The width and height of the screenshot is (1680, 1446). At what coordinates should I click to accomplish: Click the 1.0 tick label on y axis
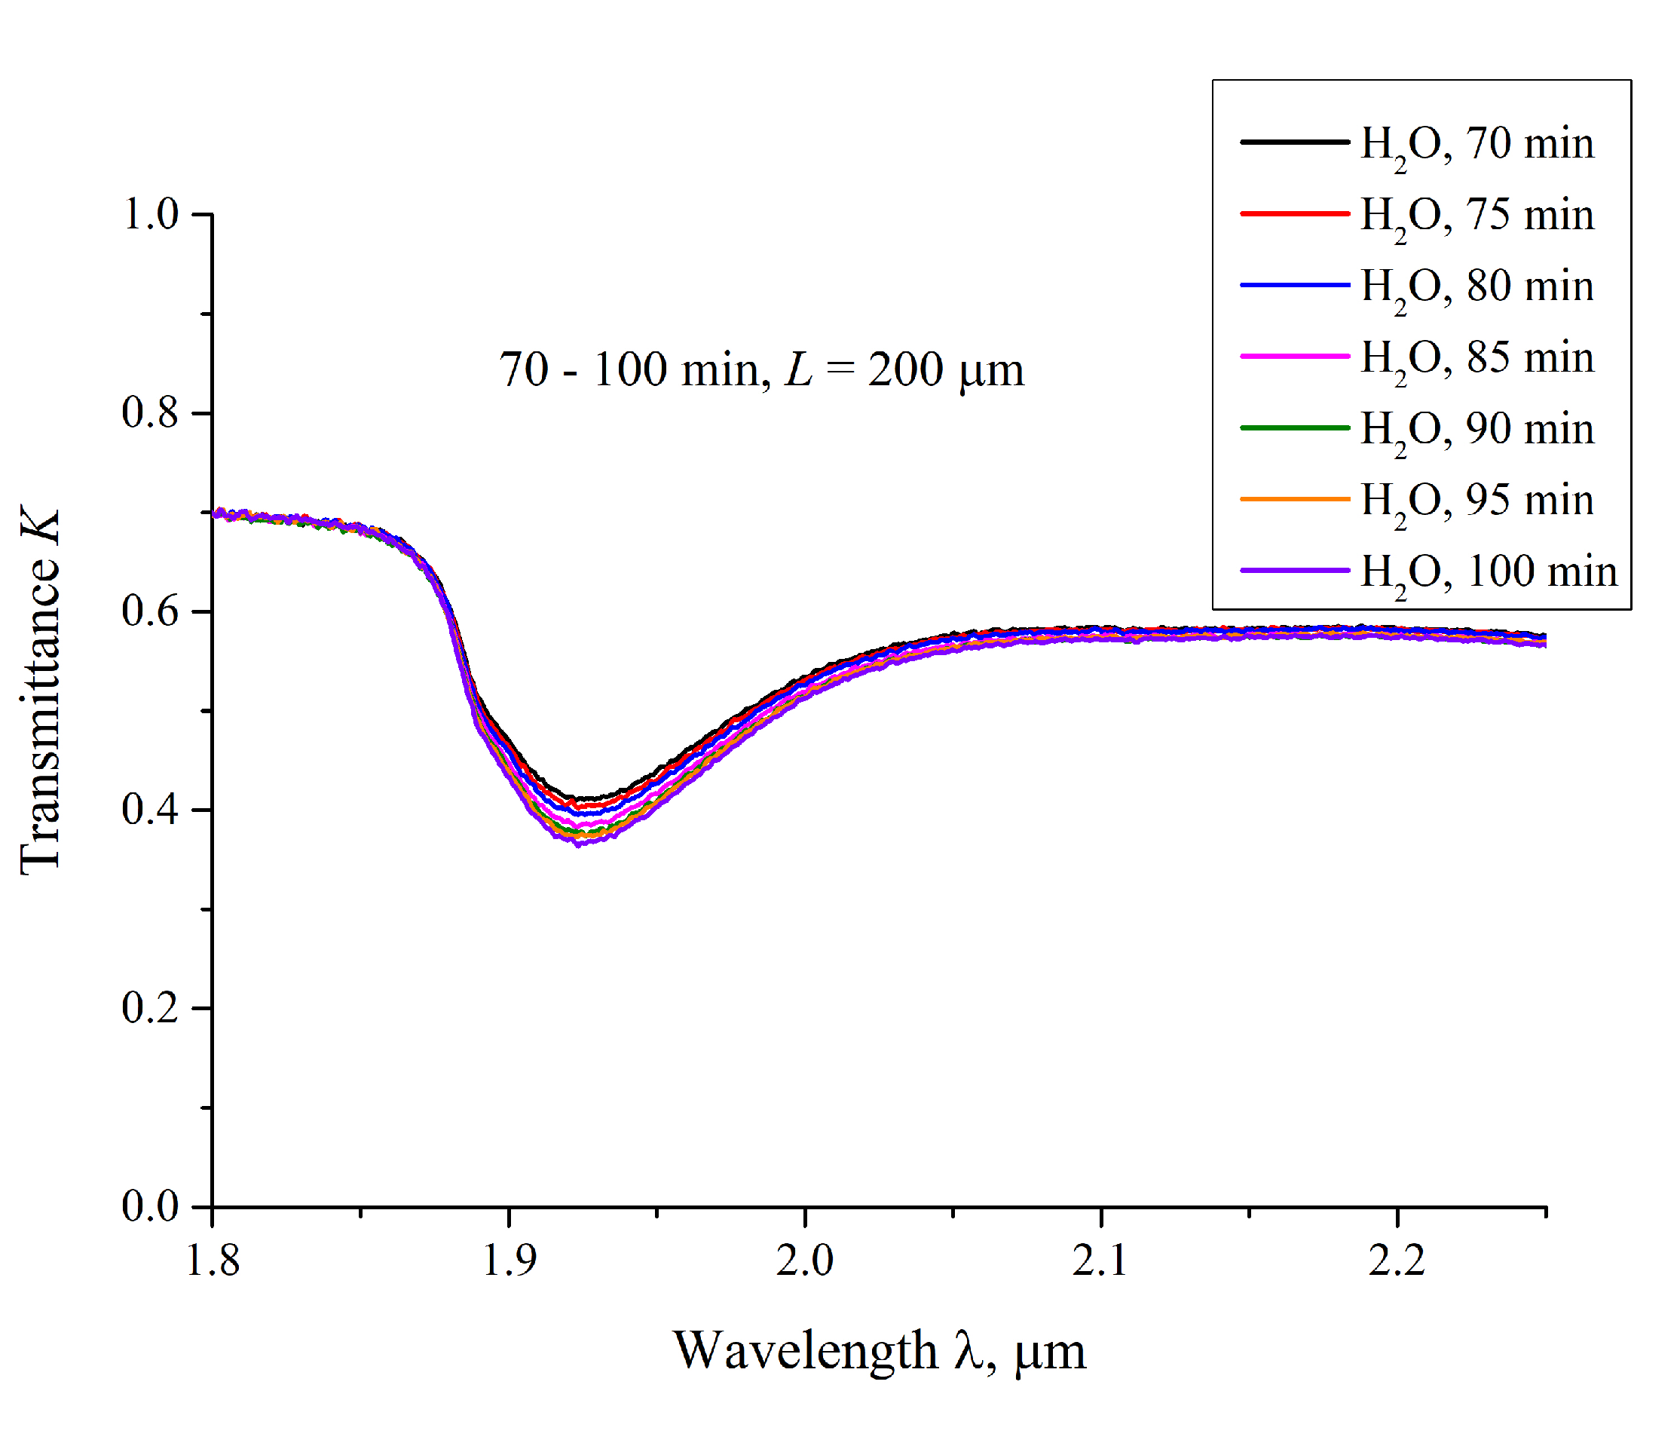(x=150, y=215)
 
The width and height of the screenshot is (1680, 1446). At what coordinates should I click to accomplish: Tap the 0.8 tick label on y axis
(x=150, y=413)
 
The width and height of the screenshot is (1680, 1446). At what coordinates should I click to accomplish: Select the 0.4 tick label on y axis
(x=150, y=810)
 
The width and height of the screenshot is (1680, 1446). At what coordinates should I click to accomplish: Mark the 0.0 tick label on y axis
(x=150, y=1206)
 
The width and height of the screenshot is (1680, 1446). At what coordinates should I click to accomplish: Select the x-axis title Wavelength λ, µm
(x=879, y=1352)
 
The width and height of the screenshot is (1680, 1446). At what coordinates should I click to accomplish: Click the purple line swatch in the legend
(x=1294, y=571)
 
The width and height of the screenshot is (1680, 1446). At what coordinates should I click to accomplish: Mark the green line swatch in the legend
(x=1294, y=428)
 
